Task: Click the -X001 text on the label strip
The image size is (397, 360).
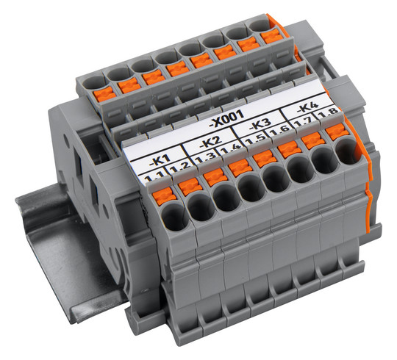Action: coord(227,119)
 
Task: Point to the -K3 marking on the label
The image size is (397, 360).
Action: coord(260,123)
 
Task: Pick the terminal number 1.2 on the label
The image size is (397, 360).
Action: coord(179,167)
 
